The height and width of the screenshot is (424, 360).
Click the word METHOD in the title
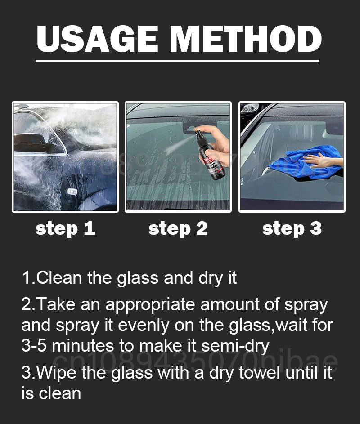[246, 39]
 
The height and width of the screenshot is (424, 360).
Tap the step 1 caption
[65, 228]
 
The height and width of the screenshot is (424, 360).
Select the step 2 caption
[178, 228]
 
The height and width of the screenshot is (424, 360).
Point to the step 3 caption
[292, 228]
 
